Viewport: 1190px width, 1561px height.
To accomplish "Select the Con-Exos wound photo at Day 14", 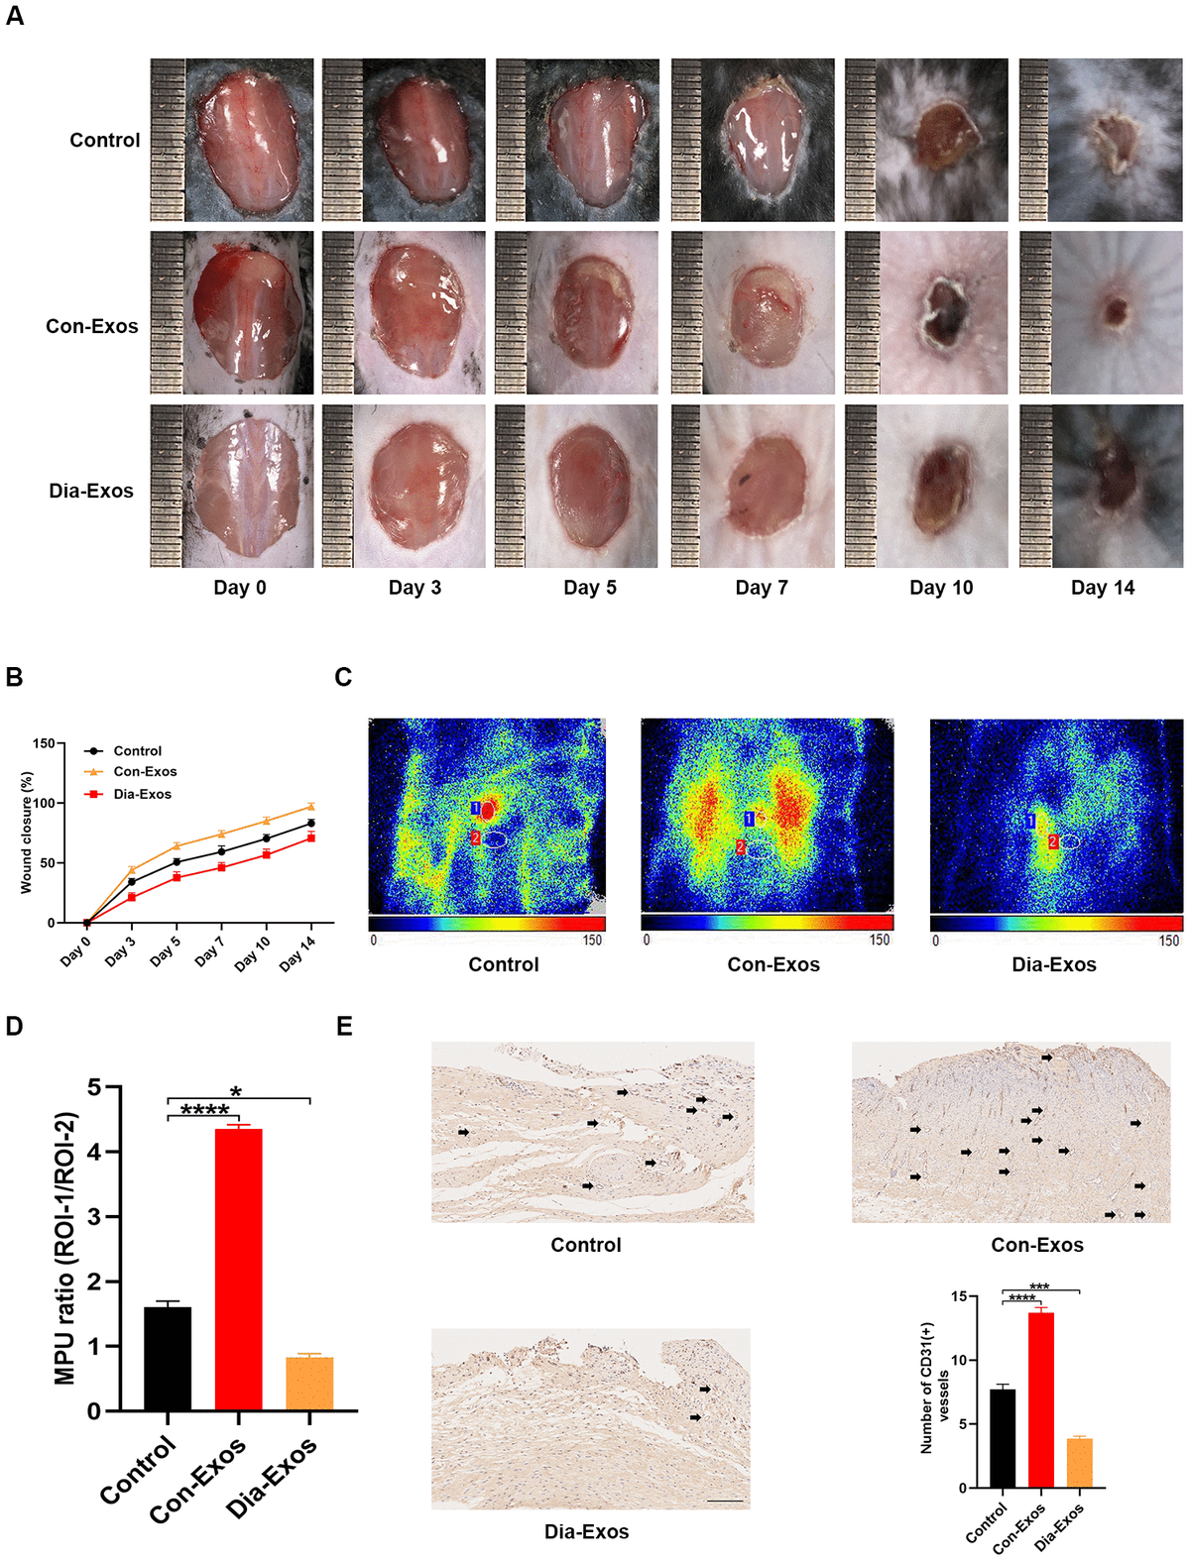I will click(x=1101, y=313).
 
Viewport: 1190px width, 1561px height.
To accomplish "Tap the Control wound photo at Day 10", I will click(x=926, y=140).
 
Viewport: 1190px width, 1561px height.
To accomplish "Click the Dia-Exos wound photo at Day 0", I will click(x=232, y=486).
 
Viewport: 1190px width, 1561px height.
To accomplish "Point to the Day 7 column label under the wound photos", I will click(x=762, y=588).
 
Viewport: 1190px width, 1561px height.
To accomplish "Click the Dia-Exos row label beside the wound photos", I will click(x=91, y=491).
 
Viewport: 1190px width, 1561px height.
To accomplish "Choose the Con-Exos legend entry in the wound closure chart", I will click(x=145, y=771).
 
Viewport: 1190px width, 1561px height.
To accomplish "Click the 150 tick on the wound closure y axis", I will click(x=44, y=743).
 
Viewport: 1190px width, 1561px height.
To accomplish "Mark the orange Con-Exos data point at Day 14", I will click(x=311, y=807).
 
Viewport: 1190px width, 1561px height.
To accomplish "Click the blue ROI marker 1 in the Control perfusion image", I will click(x=476, y=809).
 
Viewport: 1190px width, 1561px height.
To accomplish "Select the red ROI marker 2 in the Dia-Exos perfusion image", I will click(x=1053, y=841).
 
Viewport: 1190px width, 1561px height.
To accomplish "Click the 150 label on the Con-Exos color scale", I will click(x=880, y=940).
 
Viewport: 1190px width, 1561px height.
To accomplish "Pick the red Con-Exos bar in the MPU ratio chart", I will click(x=239, y=1269).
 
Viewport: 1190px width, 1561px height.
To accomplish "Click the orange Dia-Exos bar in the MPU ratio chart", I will click(x=309, y=1384).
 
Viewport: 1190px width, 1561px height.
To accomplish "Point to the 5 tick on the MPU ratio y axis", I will click(x=94, y=1087).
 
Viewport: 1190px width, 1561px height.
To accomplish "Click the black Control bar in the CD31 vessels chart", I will click(x=1003, y=1438).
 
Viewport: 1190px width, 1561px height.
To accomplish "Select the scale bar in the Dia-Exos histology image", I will click(x=726, y=1501).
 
